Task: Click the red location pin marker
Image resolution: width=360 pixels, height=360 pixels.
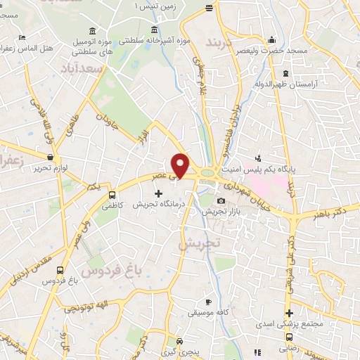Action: (x=181, y=165)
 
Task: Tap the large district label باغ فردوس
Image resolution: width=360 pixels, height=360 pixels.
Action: (x=110, y=269)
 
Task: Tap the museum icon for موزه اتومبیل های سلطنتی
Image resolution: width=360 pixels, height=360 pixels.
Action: (x=94, y=31)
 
